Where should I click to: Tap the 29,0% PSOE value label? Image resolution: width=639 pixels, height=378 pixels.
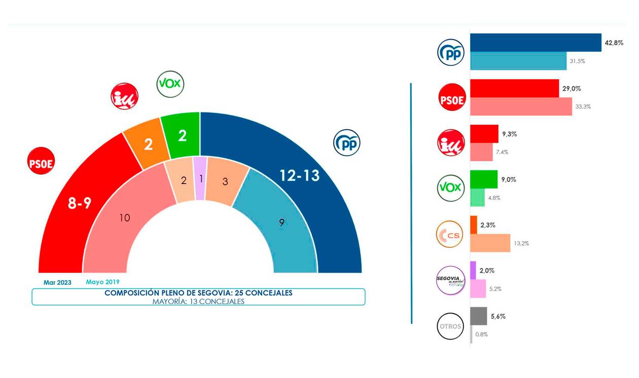click(572, 89)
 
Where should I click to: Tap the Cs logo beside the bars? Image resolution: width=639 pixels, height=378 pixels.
click(451, 234)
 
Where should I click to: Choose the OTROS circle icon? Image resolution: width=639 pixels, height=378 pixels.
click(451, 326)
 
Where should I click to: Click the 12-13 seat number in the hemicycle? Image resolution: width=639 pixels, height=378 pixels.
click(300, 176)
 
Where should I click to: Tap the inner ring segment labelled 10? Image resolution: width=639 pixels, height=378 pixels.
click(125, 218)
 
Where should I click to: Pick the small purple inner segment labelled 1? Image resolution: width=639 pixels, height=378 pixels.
click(201, 178)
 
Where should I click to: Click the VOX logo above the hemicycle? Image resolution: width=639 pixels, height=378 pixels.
click(170, 84)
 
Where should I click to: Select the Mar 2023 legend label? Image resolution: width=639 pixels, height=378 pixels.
click(57, 282)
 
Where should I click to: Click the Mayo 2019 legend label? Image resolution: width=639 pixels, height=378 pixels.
click(103, 282)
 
